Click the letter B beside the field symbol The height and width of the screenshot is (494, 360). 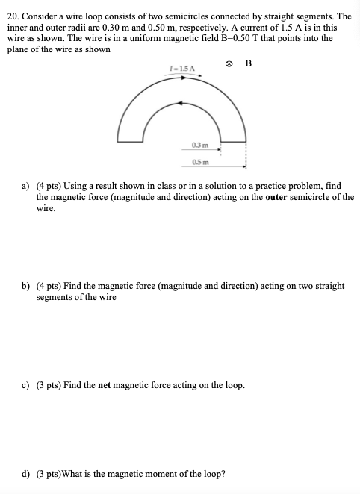pyautogui.click(x=248, y=63)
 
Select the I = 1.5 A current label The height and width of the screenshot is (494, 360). pyautogui.click(x=182, y=69)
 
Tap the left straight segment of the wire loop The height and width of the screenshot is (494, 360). pyautogui.click(x=131, y=140)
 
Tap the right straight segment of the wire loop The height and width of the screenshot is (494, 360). pyautogui.click(x=230, y=140)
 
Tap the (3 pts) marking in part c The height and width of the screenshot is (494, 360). pyautogui.click(x=50, y=385)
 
